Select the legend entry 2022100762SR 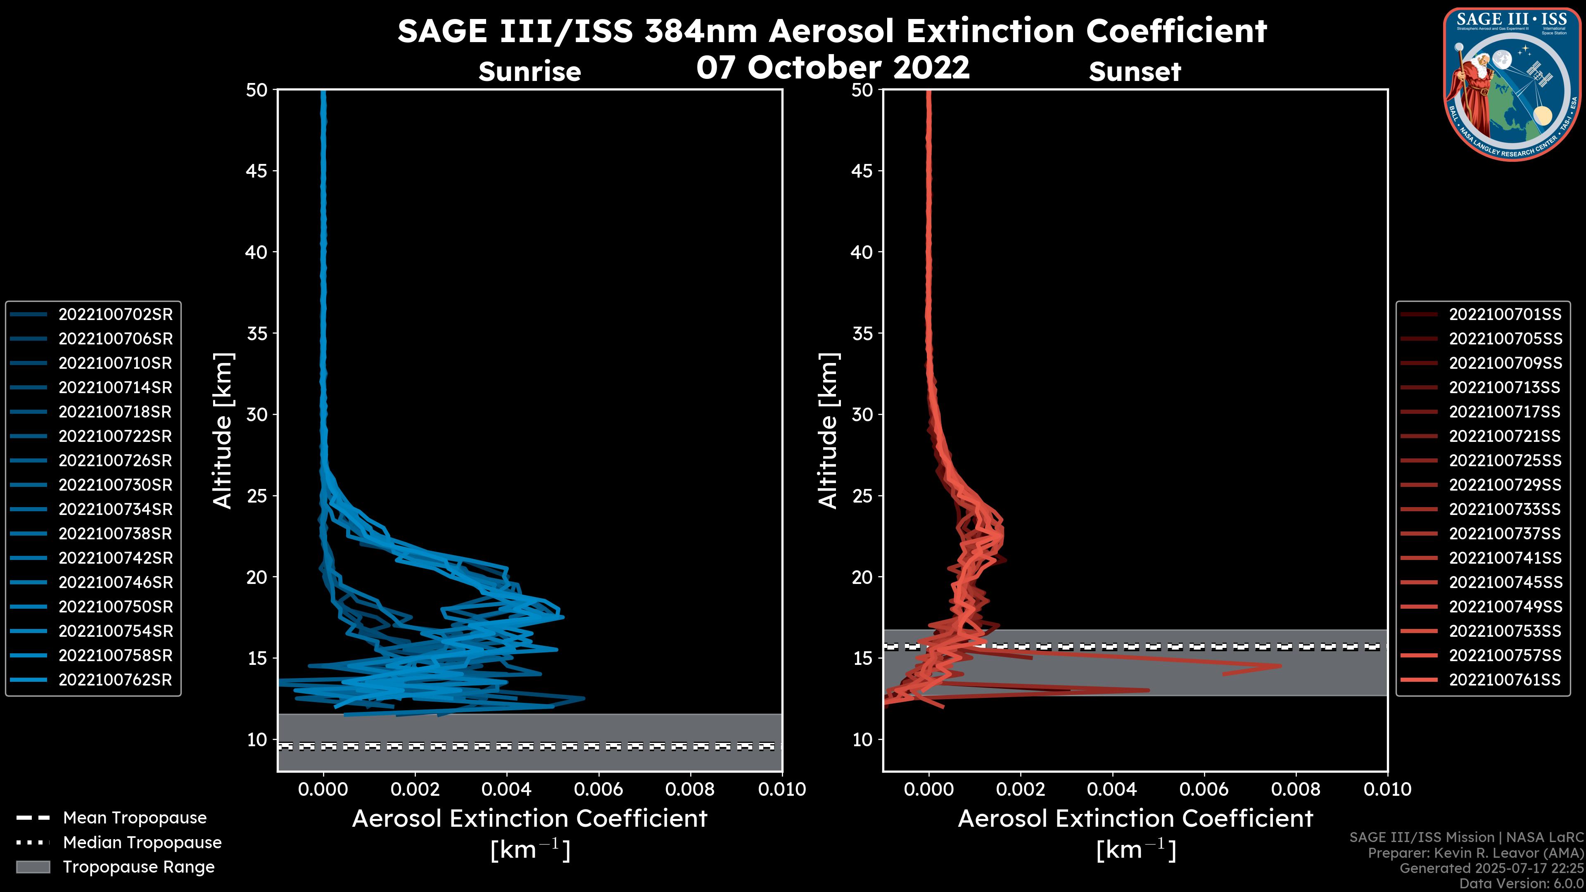click(115, 680)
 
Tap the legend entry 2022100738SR click(115, 534)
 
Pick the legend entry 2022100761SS click(1505, 680)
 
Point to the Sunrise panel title click(529, 72)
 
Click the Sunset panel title click(1135, 72)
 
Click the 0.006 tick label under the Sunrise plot click(598, 789)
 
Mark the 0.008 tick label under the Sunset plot click(1295, 789)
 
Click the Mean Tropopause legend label click(135, 818)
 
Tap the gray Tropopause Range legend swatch click(33, 867)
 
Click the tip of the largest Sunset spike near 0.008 click(1281, 665)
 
